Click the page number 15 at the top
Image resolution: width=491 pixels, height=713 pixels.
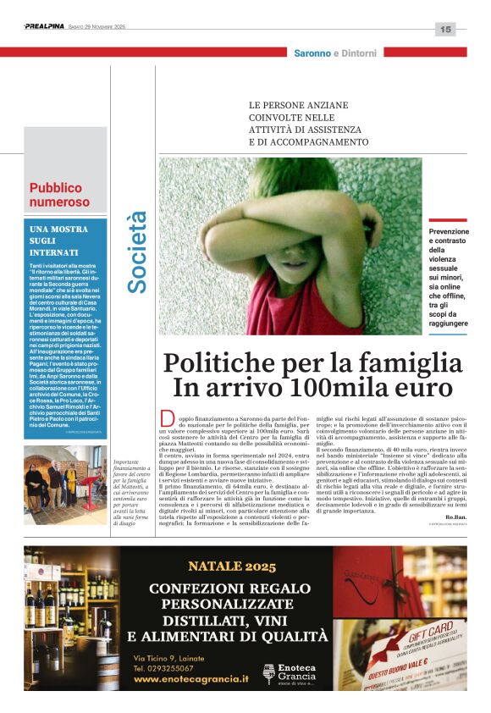tap(445, 29)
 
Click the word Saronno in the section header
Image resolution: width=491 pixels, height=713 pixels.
tap(312, 53)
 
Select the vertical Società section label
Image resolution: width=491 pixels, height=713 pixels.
tap(137, 252)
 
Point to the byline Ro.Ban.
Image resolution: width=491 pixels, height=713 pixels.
tap(455, 517)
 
